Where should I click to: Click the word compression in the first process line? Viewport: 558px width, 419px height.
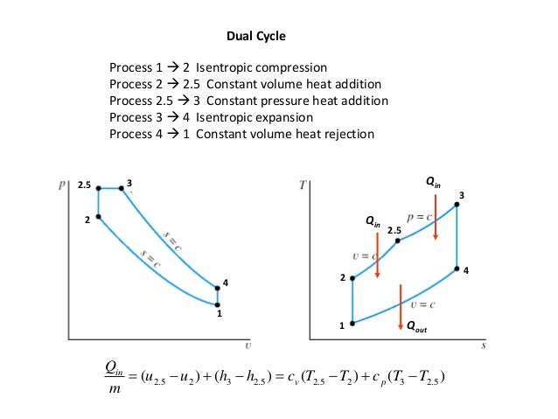pyautogui.click(x=289, y=67)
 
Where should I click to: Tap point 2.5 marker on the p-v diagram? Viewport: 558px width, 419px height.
pyautogui.click(x=99, y=188)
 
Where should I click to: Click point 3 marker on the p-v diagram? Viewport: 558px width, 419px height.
pyautogui.click(x=121, y=188)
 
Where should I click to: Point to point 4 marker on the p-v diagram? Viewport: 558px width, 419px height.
pyautogui.click(x=218, y=288)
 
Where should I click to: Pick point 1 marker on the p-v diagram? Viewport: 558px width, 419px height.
pyautogui.click(x=218, y=304)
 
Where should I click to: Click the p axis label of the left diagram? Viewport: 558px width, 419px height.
pyautogui.click(x=61, y=186)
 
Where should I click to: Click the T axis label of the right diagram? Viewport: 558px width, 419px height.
pyautogui.click(x=302, y=186)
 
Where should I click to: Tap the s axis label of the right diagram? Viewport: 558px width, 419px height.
pyautogui.click(x=483, y=346)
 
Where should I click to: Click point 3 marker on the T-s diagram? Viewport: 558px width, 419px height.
pyautogui.click(x=457, y=206)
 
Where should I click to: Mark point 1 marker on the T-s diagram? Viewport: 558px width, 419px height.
pyautogui.click(x=352, y=323)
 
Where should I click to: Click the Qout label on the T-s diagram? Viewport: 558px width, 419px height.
pyautogui.click(x=415, y=329)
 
